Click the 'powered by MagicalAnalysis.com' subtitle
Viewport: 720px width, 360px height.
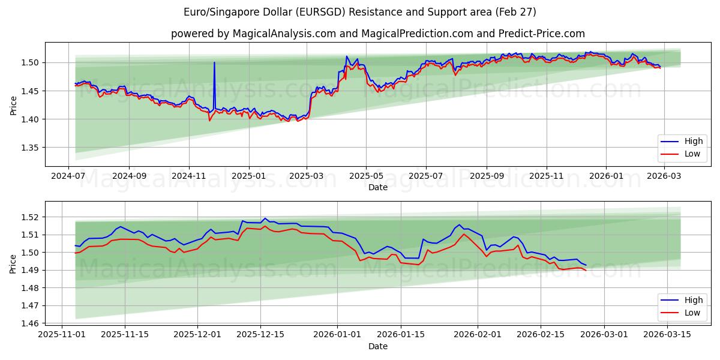378,34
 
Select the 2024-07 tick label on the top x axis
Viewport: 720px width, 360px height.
68,176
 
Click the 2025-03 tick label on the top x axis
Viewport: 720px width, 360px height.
307,176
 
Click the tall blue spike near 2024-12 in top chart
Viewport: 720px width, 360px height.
214,63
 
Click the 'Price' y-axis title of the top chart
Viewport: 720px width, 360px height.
13,104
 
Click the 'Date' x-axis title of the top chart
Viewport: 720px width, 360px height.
378,187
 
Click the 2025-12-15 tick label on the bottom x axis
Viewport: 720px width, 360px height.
260,335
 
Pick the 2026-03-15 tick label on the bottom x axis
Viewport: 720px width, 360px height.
664,335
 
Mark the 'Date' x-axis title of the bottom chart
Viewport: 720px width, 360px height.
378,346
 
